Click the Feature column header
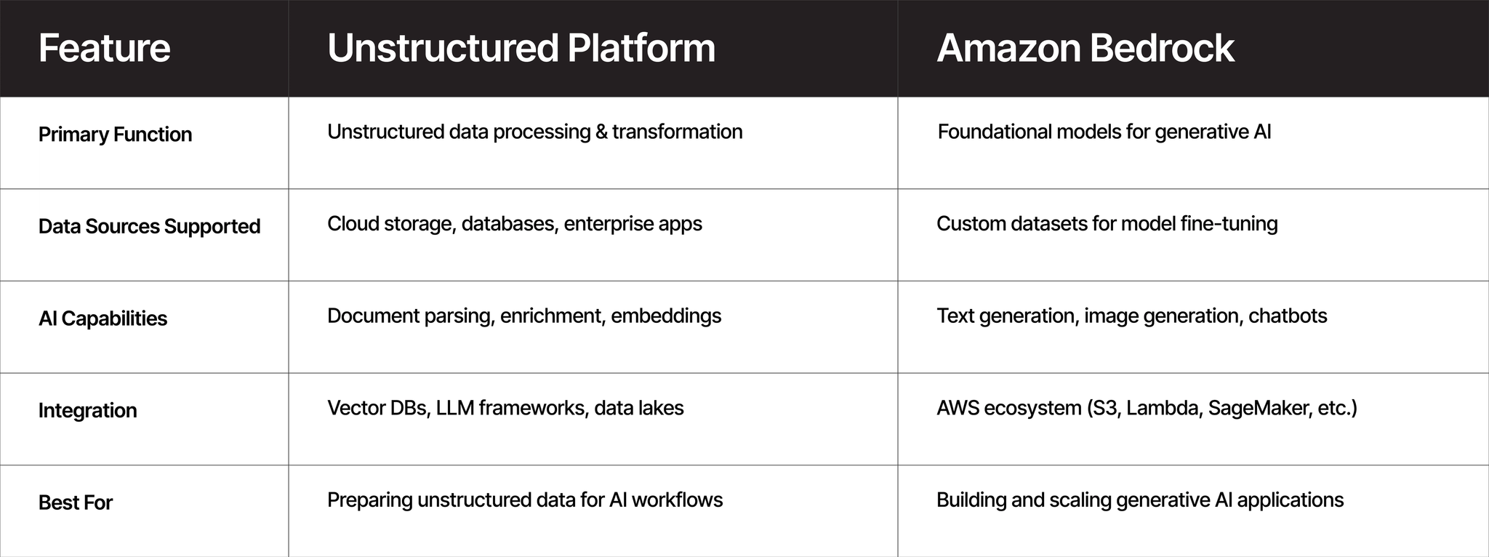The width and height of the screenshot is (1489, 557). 104,48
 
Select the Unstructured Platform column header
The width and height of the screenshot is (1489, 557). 521,48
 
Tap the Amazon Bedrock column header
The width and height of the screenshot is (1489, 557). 1085,48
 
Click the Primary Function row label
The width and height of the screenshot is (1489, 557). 115,135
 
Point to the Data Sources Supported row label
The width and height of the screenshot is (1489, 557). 149,227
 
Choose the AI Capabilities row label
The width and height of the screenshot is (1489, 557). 103,318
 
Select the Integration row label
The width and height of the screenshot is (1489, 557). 87,411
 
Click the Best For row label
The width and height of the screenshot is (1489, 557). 76,502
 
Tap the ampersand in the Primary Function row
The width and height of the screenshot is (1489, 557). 600,132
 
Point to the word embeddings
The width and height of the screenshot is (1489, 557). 666,316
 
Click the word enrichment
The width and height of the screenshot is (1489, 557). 553,316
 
